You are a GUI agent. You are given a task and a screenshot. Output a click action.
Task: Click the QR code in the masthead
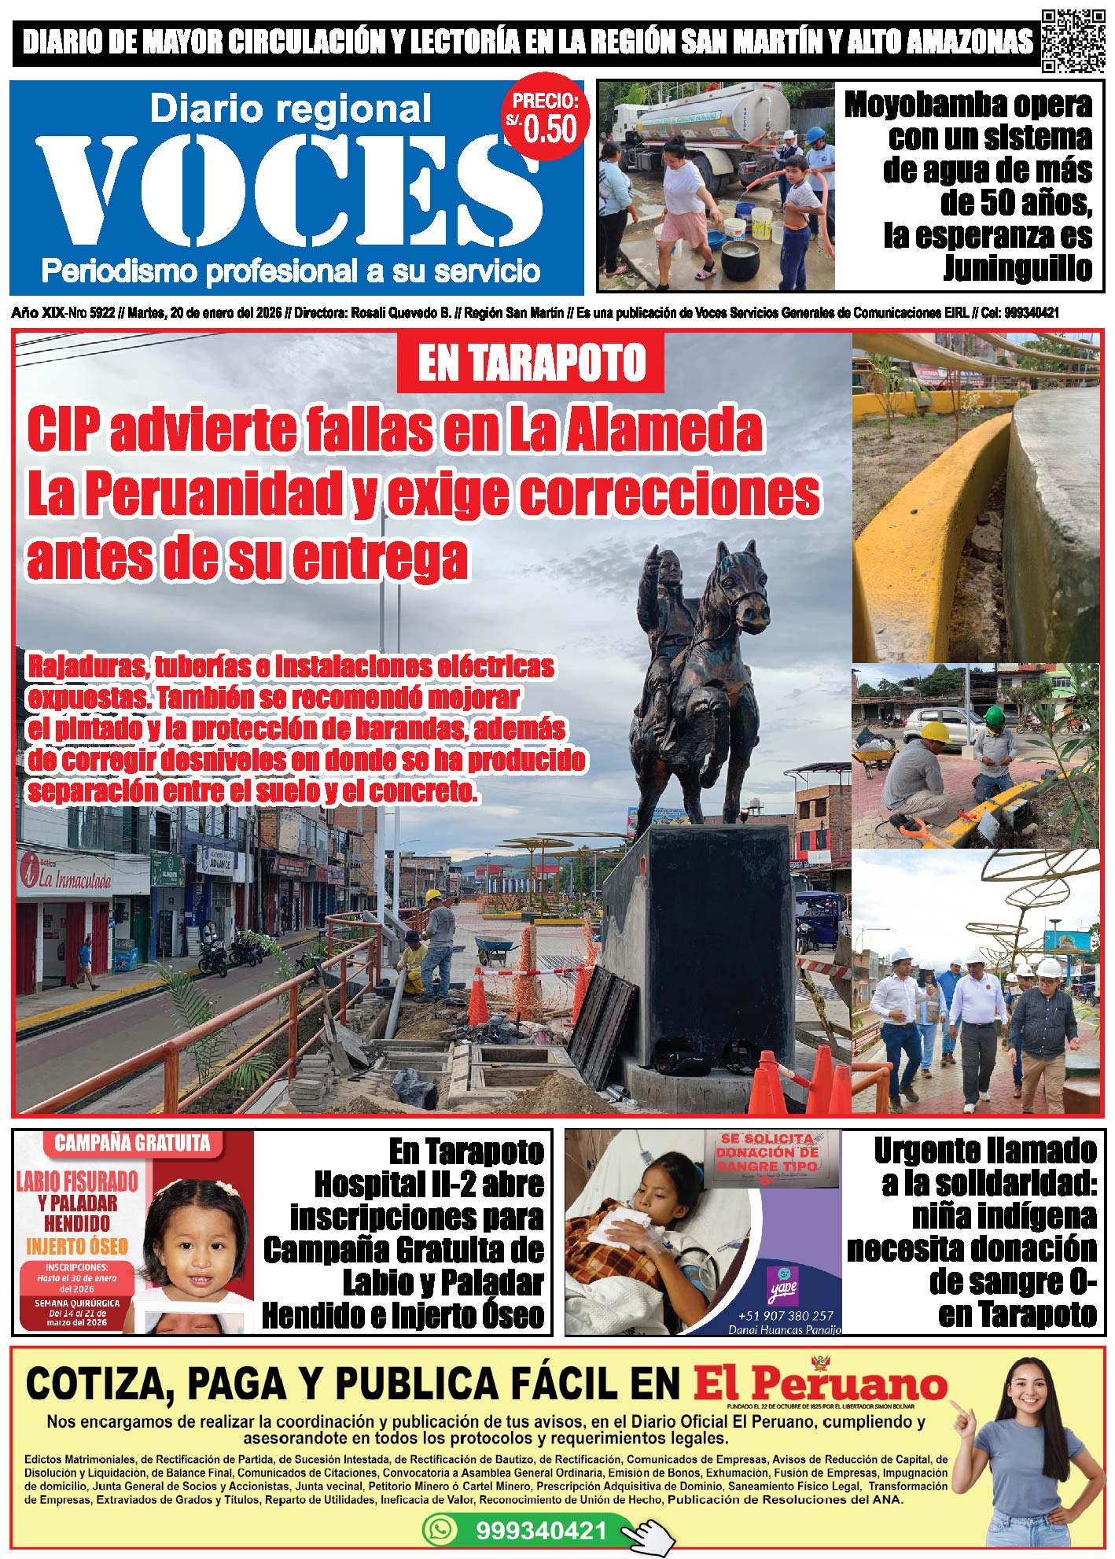1073,40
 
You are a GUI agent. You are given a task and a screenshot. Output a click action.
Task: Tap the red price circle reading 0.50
546,120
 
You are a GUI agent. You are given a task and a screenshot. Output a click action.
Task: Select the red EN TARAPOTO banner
531,363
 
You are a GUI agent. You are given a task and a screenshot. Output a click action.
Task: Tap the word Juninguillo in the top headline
1017,269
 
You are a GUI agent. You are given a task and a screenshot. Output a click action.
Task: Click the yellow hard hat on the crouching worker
937,732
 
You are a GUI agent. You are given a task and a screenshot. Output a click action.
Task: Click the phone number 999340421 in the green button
541,1531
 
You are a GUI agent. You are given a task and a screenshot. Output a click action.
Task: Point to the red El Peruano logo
819,1385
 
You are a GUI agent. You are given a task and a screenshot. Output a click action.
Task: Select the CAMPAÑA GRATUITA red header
132,1143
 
